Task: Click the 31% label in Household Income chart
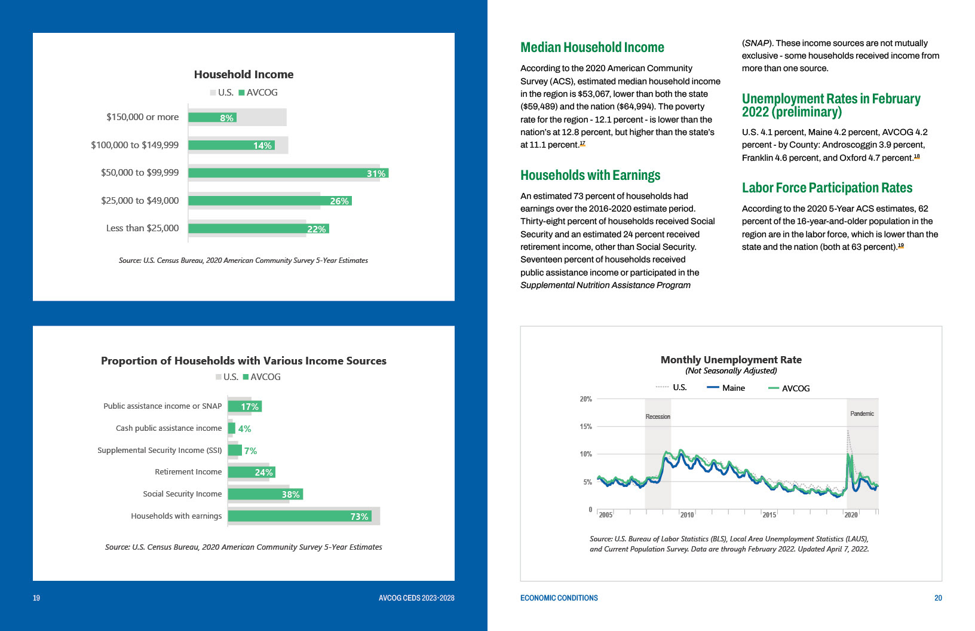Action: (x=376, y=173)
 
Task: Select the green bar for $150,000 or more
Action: (x=213, y=118)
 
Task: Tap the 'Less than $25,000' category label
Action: (x=142, y=228)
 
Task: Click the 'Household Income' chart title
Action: (x=244, y=75)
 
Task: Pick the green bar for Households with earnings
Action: (x=299, y=516)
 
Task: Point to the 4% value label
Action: (x=244, y=428)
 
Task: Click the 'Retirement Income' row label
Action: (x=188, y=471)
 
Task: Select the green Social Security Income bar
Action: (x=265, y=494)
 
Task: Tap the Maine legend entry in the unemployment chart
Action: (x=726, y=388)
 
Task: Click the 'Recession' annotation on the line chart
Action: (x=658, y=416)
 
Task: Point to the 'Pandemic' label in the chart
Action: (x=862, y=413)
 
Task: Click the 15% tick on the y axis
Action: (x=586, y=426)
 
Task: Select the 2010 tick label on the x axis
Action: (x=687, y=514)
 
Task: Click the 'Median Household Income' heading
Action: (x=592, y=47)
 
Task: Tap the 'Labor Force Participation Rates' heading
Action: (x=827, y=188)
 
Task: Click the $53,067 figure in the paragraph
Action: (x=594, y=94)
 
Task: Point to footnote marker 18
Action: (x=916, y=157)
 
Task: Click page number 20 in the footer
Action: (x=938, y=598)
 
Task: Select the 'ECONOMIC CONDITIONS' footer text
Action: (x=559, y=598)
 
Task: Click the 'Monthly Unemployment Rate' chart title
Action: (x=731, y=360)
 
